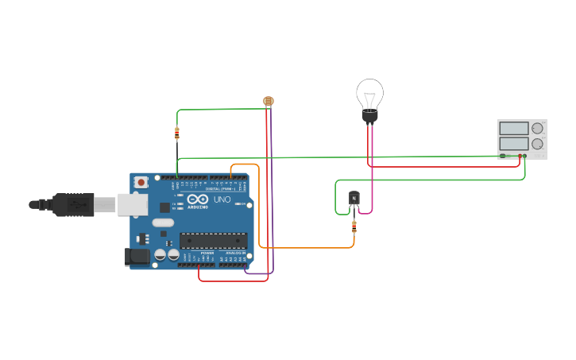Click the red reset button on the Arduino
141,182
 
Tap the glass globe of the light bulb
369,94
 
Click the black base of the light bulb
369,117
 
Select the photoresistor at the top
269,101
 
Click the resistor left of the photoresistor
177,133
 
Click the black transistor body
354,198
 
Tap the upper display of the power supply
514,128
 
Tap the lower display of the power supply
514,144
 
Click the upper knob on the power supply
538,128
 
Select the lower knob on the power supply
538,144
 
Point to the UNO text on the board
222,199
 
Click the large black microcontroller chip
213,240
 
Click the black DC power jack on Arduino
137,257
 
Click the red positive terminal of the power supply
520,156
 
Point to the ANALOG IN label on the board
235,253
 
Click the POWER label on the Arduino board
207,253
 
